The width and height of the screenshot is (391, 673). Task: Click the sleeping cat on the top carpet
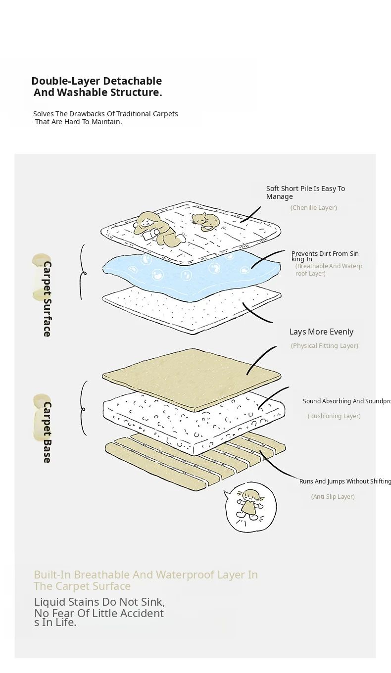[x=205, y=222]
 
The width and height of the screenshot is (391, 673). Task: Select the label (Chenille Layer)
[x=313, y=208]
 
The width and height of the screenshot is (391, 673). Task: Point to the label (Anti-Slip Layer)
[x=333, y=497]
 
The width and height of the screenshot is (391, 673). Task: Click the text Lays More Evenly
[x=321, y=332]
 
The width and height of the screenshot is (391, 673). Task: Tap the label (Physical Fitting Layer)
[x=325, y=346]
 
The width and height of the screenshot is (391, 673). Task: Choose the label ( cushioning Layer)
[x=334, y=416]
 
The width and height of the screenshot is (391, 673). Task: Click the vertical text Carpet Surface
[x=47, y=299]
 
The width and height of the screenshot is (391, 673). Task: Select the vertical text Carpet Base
[x=47, y=433]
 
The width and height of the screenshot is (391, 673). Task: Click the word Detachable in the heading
[x=133, y=81]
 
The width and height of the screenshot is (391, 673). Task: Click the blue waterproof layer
[x=192, y=275]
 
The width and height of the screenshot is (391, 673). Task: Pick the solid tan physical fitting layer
[x=192, y=380]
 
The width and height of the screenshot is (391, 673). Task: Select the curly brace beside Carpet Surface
[x=83, y=272]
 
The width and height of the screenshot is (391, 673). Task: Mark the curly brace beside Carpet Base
[x=83, y=409]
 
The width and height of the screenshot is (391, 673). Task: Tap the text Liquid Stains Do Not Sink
[x=99, y=602]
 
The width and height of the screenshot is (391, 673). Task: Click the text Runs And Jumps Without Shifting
[x=345, y=481]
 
